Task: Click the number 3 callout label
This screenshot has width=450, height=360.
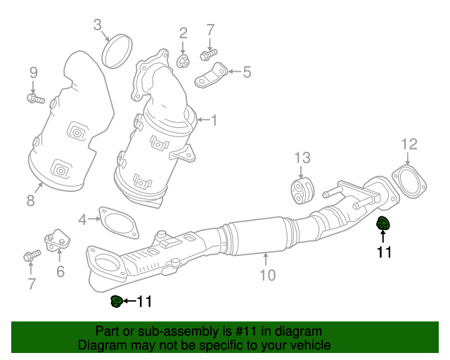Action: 98,27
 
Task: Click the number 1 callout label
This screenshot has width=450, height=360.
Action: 214,121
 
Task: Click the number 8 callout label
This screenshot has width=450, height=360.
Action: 30,201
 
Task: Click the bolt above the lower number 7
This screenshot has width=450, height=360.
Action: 30,255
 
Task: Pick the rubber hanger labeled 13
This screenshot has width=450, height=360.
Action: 301,191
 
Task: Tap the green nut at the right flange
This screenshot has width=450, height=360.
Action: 383,225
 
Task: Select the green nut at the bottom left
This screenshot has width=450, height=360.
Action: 117,302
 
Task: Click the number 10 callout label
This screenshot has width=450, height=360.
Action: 267,275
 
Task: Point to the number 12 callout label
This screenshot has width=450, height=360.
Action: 409,144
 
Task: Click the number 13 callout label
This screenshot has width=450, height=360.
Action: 301,157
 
